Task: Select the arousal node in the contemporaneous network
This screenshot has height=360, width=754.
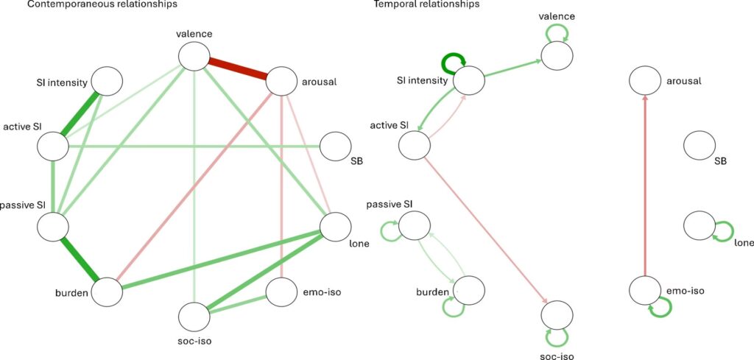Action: [x=281, y=80]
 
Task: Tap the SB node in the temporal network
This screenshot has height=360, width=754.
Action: [x=699, y=144]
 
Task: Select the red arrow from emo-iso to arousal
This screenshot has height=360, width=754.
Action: [x=645, y=184]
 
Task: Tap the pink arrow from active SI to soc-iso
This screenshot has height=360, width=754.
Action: [x=487, y=225]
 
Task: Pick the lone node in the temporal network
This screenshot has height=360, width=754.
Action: [x=699, y=225]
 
